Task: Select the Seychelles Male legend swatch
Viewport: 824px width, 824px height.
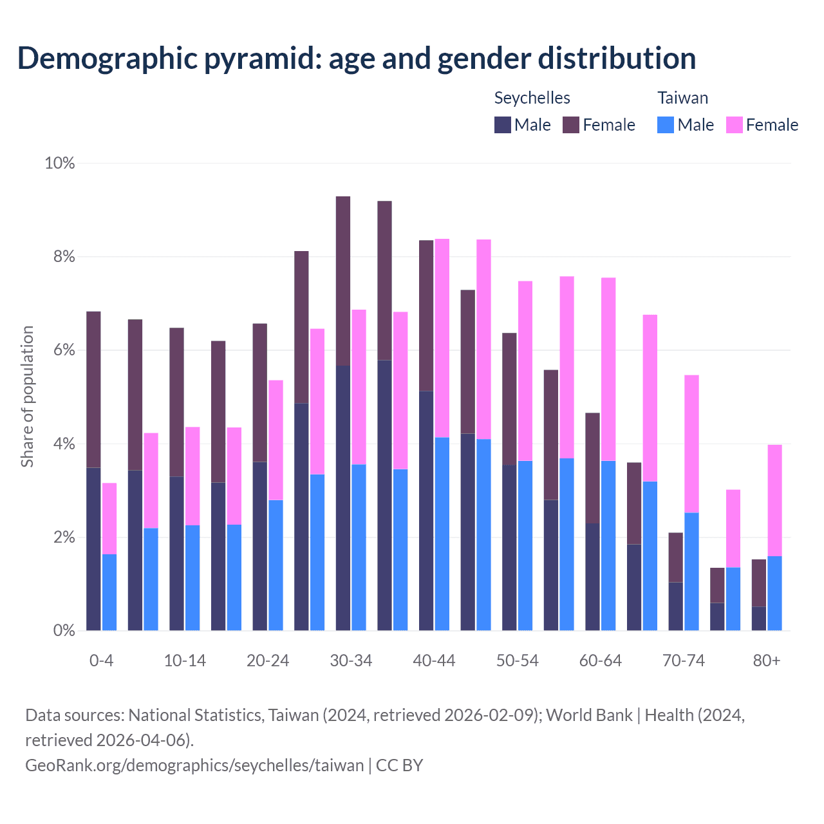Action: pyautogui.click(x=503, y=125)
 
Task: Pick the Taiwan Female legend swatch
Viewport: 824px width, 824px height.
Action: pyautogui.click(x=735, y=125)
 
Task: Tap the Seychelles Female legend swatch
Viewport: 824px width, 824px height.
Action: pyautogui.click(x=571, y=125)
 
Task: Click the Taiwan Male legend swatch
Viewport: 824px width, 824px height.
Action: pyautogui.click(x=666, y=125)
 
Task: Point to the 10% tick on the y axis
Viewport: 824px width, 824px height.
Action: pyautogui.click(x=60, y=164)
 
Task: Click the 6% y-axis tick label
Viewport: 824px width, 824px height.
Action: pyautogui.click(x=63, y=350)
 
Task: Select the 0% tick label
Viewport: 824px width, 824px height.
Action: pyautogui.click(x=63, y=631)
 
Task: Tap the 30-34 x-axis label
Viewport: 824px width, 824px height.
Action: pyautogui.click(x=351, y=661)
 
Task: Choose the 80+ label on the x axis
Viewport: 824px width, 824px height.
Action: pyautogui.click(x=767, y=661)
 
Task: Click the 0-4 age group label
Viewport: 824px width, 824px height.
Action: pyautogui.click(x=102, y=661)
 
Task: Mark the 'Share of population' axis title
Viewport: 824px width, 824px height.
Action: pyautogui.click(x=27, y=396)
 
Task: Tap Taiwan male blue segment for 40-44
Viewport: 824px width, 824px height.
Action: pyautogui.click(x=442, y=534)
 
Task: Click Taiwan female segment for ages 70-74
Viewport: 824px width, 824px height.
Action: pyautogui.click(x=691, y=444)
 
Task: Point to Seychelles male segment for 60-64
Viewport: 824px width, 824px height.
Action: pyautogui.click(x=592, y=577)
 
